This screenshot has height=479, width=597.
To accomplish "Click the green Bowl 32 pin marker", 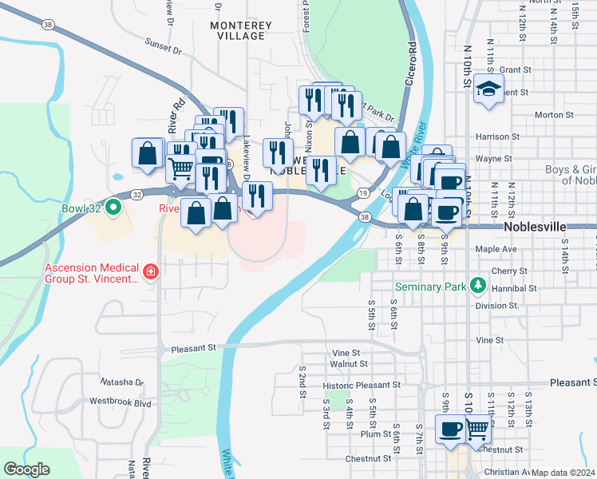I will click(x=113, y=210).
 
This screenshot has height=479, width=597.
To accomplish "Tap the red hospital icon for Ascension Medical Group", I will click(x=150, y=273).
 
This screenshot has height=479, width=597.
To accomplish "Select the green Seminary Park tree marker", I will click(x=477, y=285).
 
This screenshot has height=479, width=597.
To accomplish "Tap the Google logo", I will click(x=26, y=469).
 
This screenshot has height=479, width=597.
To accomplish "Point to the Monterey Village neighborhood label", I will click(x=237, y=31).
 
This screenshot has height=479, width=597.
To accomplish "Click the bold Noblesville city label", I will click(x=535, y=228).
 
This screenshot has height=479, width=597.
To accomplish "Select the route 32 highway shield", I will click(x=137, y=194).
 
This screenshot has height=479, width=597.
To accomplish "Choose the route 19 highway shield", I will click(x=362, y=193).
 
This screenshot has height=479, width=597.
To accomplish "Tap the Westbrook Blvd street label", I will click(x=120, y=402).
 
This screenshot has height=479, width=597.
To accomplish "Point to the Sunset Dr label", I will click(x=164, y=49).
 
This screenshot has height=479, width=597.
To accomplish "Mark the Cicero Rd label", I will click(x=412, y=58).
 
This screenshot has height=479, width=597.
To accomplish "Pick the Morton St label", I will click(x=549, y=115).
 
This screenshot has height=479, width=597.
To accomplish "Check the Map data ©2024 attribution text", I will click(x=563, y=473).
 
